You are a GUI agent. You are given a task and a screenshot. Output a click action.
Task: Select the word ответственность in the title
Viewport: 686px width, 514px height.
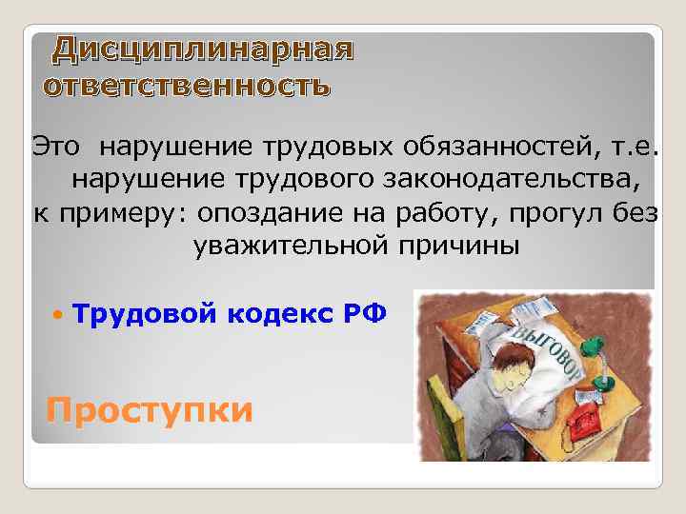pyautogui.click(x=188, y=87)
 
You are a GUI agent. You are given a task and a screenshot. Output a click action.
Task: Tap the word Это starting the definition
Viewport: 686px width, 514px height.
pyautogui.click(x=59, y=148)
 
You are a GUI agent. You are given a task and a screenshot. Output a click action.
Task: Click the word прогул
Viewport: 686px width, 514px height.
pyautogui.click(x=554, y=212)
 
